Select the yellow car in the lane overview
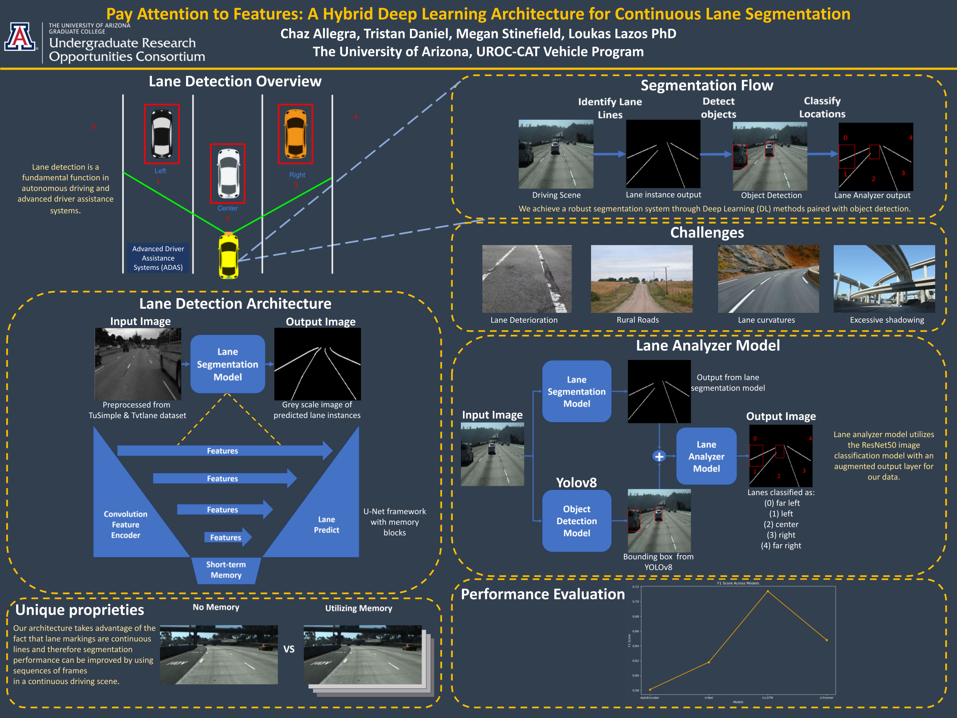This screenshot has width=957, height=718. pos(229,256)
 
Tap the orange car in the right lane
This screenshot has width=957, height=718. pos(296,134)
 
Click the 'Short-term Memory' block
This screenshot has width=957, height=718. pos(226,570)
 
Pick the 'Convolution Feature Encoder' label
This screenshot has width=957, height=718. pos(126,525)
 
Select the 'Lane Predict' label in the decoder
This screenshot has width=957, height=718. pos(327,525)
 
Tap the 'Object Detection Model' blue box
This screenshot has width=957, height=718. pos(577,521)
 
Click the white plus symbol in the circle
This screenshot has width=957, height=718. pos(659,456)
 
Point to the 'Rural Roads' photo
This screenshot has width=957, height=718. pos(642,279)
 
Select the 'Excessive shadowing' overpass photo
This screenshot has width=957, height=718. pos(884,279)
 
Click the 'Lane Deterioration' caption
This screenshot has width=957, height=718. pos(524,320)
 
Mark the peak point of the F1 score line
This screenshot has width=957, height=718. pos(768,591)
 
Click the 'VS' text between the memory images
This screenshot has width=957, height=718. pos(289,649)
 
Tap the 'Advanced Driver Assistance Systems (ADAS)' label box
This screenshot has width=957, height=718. pos(158,258)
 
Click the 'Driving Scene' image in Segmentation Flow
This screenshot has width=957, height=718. pos(556,154)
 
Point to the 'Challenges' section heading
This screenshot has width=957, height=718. pos(707,232)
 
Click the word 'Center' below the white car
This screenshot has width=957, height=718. pos(227,208)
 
